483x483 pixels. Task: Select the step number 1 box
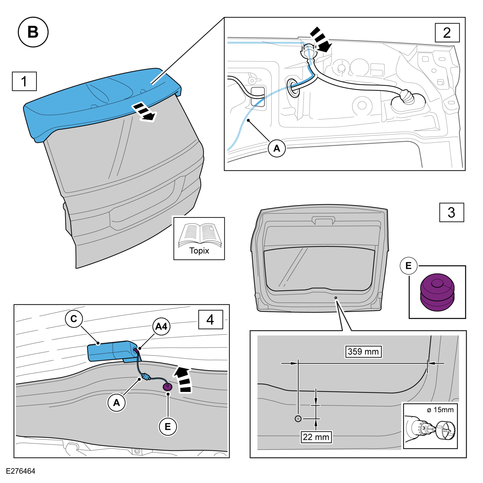(x=24, y=81)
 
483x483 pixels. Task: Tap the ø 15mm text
(x=440, y=410)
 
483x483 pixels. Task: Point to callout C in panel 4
(x=74, y=319)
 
